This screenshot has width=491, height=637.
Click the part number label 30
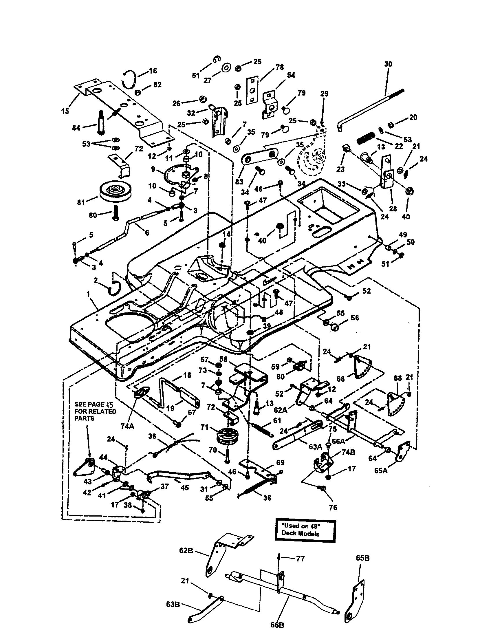pyautogui.click(x=388, y=64)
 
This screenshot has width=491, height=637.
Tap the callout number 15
pyautogui.click(x=65, y=111)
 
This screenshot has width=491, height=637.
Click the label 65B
pyautogui.click(x=362, y=558)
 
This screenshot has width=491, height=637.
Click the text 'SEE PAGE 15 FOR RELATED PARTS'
pyautogui.click(x=95, y=411)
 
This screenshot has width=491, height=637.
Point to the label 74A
pyautogui.click(x=127, y=426)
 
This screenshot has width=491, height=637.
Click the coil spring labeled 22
pyautogui.click(x=366, y=137)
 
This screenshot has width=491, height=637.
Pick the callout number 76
pyautogui.click(x=333, y=508)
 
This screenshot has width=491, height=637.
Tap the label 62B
pyautogui.click(x=186, y=551)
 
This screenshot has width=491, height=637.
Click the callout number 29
pyautogui.click(x=324, y=94)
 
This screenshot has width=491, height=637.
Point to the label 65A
pyautogui.click(x=381, y=471)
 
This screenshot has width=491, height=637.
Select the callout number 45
pyautogui.click(x=185, y=487)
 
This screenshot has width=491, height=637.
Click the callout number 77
pyautogui.click(x=300, y=559)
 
